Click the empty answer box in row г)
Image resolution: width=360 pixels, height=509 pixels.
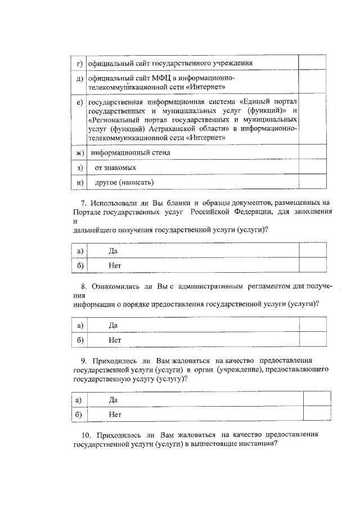(312, 62)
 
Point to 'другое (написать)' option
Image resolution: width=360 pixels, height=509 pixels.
(124, 182)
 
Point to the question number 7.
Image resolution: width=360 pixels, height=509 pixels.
(84, 201)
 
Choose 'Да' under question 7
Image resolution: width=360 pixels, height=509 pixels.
(113, 250)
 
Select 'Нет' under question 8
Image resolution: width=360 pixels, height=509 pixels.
(115, 339)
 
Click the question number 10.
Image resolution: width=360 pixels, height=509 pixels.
(86, 434)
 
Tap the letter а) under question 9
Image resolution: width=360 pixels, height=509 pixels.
(79, 399)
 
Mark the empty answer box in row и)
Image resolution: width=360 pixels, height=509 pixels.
(312, 182)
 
